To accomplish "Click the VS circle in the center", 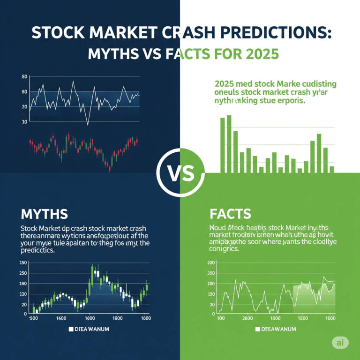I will [x=180, y=174].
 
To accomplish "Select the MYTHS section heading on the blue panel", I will [x=44, y=214].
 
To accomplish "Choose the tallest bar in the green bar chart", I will [x=229, y=143].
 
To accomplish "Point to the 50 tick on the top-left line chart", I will [x=25, y=76].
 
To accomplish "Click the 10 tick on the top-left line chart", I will [x=25, y=121].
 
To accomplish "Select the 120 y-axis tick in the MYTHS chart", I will [x=23, y=294].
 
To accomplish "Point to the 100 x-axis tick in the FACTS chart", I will [x=222, y=318].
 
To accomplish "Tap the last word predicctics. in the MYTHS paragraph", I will [x=38, y=251].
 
